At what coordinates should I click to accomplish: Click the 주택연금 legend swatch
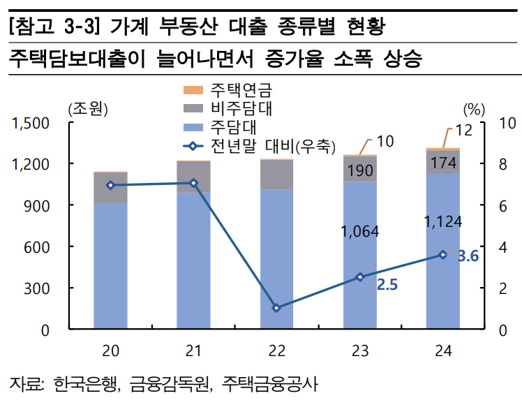click(193, 90)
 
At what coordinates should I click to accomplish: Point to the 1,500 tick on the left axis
click(31, 123)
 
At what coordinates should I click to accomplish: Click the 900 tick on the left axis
click(39, 205)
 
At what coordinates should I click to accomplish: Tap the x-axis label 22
click(276, 350)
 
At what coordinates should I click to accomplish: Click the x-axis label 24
click(442, 350)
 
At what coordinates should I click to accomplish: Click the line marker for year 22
click(276, 308)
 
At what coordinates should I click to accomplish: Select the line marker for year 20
click(110, 185)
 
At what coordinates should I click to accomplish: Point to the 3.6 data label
click(468, 256)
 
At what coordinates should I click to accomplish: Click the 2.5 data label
click(387, 284)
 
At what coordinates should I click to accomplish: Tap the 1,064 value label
click(360, 231)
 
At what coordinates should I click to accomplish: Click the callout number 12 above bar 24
click(463, 129)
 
